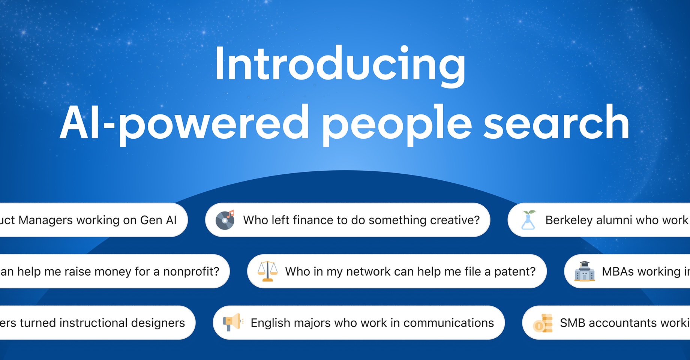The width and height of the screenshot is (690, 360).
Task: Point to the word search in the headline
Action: click(x=556, y=123)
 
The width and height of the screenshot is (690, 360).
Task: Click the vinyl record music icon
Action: click(x=225, y=220)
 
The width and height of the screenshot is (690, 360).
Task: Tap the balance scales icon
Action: click(x=267, y=271)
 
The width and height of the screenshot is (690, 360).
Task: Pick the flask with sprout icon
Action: click(x=528, y=220)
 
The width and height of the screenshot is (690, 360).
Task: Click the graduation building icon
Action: click(x=584, y=271)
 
